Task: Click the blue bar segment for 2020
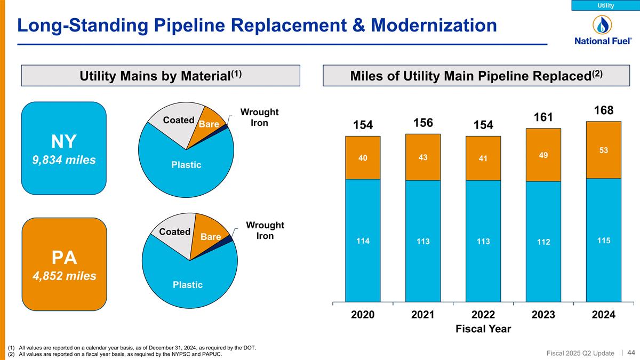click(363, 240)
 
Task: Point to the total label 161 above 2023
click(543, 117)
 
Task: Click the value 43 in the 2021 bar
click(423, 158)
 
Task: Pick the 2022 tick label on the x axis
click(483, 315)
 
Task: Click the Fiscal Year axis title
click(483, 329)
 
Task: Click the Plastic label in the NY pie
click(186, 165)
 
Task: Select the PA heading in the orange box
click(64, 258)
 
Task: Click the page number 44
click(631, 353)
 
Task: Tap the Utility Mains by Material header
click(161, 76)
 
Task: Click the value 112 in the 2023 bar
click(543, 243)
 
